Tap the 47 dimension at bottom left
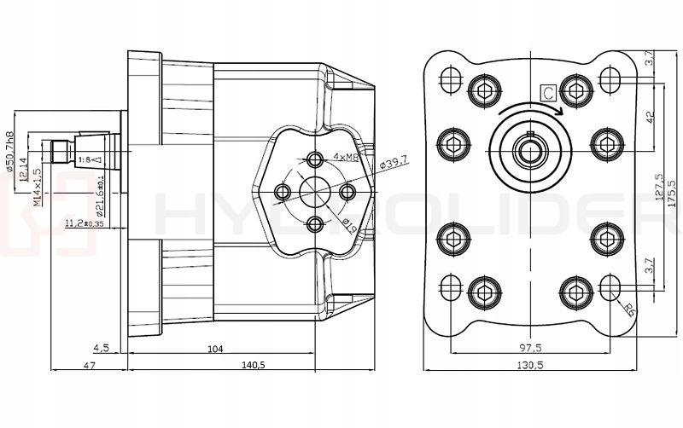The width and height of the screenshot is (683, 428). (x=89, y=364)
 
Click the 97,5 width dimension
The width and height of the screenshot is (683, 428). (x=529, y=348)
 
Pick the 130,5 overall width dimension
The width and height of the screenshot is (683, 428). (x=529, y=364)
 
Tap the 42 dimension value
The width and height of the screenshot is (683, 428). (x=651, y=115)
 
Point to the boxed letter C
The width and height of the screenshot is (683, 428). (x=547, y=90)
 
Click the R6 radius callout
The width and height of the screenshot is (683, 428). (x=630, y=309)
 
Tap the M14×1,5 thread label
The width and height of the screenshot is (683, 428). (x=37, y=186)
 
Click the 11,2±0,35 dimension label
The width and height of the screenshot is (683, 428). (x=85, y=224)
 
